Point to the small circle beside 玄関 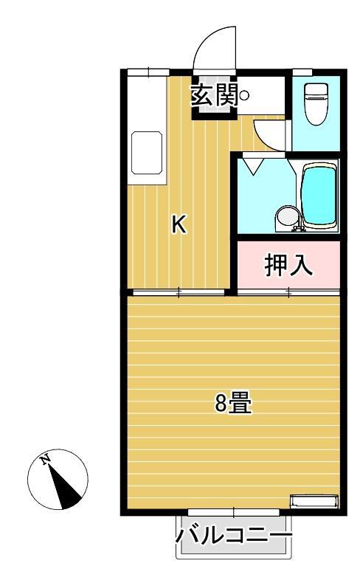[244, 94]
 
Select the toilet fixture [316, 103]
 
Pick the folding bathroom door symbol [253, 165]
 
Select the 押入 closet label [288, 265]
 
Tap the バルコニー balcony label [234, 534]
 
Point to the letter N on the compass [46, 460]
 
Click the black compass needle [66, 491]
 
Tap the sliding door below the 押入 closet [288, 293]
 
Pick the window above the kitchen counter [148, 72]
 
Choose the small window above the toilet [302, 72]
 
